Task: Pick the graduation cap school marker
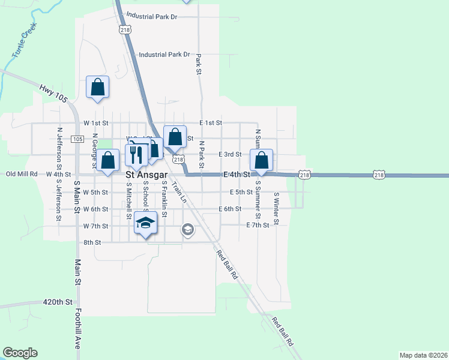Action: tap(145, 223)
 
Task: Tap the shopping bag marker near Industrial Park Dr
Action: tap(97, 88)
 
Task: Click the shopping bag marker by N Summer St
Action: tap(261, 160)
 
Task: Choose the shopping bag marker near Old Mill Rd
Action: tap(108, 161)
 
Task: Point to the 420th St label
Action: tap(58, 302)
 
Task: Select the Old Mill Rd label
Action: tap(22, 174)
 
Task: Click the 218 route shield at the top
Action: tap(125, 29)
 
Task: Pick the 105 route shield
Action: tap(77, 139)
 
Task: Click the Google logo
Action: tap(20, 353)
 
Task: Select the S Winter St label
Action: tap(277, 208)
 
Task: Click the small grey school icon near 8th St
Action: tap(187, 229)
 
